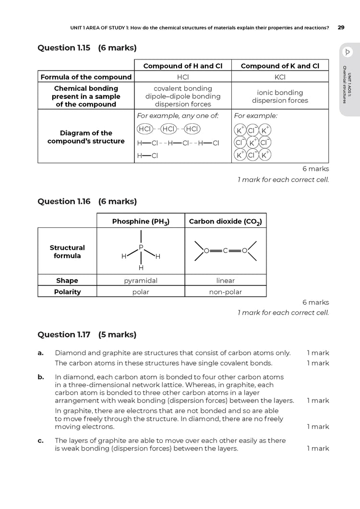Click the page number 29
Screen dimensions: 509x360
click(341, 27)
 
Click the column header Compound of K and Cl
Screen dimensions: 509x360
click(280, 66)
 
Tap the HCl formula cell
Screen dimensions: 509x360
click(182, 77)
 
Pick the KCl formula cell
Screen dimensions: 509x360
click(280, 77)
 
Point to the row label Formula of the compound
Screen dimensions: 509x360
click(86, 77)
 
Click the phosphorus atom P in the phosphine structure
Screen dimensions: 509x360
click(141, 248)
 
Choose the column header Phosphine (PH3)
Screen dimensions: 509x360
click(141, 221)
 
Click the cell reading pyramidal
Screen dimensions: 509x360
click(141, 281)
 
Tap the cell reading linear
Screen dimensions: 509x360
click(225, 281)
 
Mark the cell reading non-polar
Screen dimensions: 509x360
click(225, 292)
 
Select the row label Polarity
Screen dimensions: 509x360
click(67, 292)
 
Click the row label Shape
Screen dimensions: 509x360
click(67, 281)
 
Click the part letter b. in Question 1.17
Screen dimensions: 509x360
click(41, 378)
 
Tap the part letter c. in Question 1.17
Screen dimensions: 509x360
click(41, 440)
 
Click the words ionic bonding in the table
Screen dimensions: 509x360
click(280, 93)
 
